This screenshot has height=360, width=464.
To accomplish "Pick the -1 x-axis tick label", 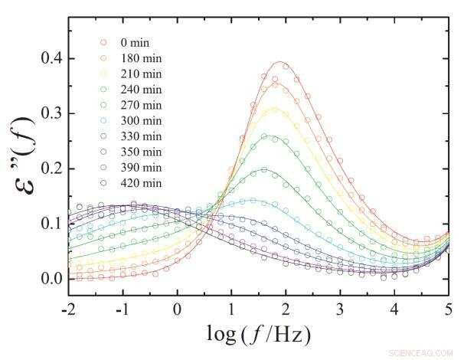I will click(x=121, y=309).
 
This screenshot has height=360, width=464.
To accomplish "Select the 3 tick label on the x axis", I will click(x=339, y=309).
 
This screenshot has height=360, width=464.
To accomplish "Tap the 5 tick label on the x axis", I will click(x=448, y=309).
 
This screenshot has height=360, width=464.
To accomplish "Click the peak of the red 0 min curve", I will click(x=281, y=62).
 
